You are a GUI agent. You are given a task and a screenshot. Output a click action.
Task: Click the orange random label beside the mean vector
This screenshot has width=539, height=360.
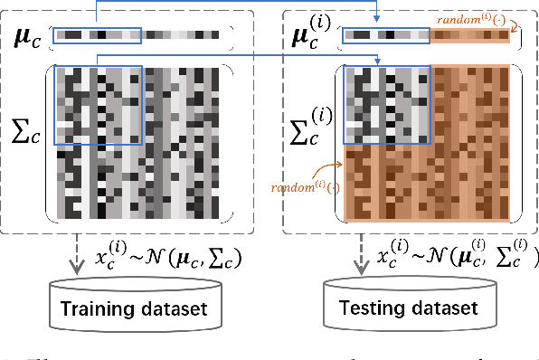coord(483,20)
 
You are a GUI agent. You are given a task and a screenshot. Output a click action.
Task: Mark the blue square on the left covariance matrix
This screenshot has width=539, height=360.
coord(98,104)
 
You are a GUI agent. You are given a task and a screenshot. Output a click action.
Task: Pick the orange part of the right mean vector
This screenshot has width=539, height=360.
coord(470,37)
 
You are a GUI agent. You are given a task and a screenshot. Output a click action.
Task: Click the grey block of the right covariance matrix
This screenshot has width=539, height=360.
coord(387,104)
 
